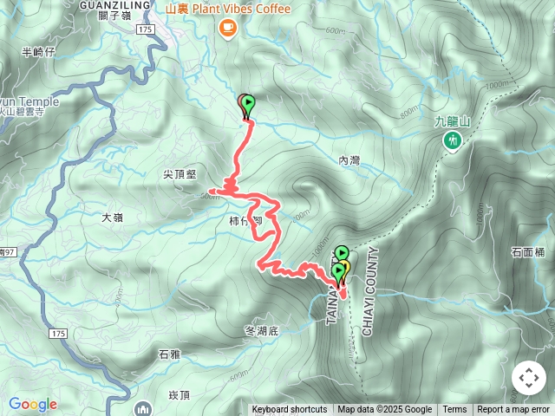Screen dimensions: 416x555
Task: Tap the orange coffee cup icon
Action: point(228,28)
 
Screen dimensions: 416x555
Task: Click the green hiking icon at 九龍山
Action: point(451,140)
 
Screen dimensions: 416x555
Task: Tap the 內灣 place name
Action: point(349,160)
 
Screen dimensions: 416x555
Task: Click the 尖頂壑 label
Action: point(180,174)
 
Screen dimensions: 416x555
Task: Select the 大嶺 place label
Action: point(113,218)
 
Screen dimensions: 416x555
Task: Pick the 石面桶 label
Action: point(527,252)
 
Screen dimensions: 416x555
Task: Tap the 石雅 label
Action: point(169,354)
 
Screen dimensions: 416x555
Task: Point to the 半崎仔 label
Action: point(38,52)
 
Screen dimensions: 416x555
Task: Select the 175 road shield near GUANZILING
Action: point(145,29)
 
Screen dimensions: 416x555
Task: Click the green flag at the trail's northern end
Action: point(249,106)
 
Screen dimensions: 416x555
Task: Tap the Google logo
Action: point(32,404)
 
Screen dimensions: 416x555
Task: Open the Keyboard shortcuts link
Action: point(290,410)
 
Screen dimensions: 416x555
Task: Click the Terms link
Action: point(454,410)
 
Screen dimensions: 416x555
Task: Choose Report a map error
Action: point(515,410)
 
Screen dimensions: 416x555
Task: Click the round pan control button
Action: point(528,378)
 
